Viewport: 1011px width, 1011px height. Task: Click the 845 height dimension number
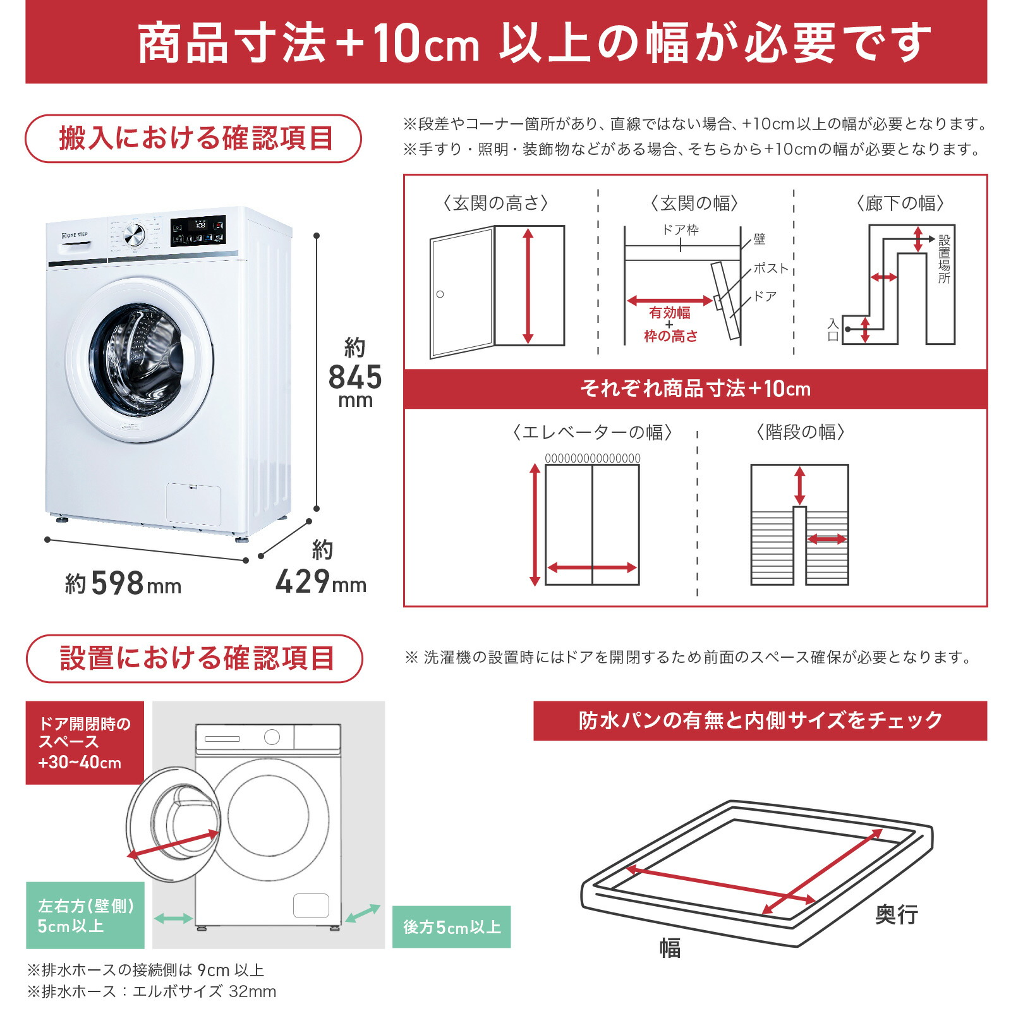355,377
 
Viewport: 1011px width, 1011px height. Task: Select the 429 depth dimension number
303,581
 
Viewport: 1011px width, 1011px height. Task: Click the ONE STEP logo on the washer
75,235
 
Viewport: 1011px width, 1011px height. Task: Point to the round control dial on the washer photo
135,235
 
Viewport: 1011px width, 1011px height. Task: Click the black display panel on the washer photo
198,231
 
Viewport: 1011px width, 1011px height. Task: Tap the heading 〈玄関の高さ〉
495,203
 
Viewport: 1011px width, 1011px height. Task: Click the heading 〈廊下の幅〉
900,203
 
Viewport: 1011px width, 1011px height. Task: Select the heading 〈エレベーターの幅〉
592,432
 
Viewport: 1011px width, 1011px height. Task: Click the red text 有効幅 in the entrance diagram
669,313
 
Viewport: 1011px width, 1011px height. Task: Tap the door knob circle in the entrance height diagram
440,294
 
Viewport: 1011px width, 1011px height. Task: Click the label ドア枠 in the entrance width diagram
680,230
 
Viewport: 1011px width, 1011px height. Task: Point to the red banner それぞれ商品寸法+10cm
695,389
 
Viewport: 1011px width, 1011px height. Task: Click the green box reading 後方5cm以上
451,927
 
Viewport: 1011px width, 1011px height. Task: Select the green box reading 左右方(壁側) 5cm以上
85,915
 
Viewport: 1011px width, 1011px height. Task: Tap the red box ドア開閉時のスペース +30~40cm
85,742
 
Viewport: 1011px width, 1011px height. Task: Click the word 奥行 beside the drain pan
896,914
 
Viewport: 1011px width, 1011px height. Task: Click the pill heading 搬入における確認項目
193,138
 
